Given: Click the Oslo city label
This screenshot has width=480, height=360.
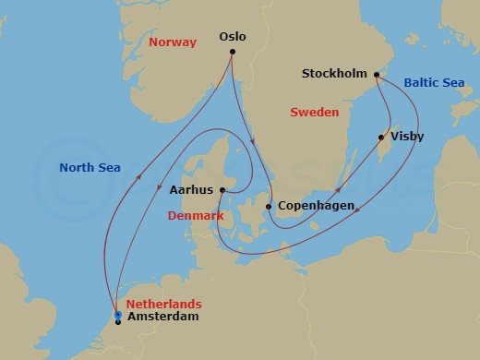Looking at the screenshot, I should pyautogui.click(x=233, y=37).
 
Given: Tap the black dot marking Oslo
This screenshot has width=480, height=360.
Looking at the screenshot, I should pyautogui.click(x=233, y=52).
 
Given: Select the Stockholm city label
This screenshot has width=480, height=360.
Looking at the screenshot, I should pyautogui.click(x=335, y=73).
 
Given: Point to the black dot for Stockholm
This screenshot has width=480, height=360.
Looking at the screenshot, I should pyautogui.click(x=377, y=75).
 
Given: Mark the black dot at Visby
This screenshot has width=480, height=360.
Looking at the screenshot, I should pyautogui.click(x=380, y=138).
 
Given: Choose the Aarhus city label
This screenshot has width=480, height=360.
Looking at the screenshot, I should pyautogui.click(x=192, y=190).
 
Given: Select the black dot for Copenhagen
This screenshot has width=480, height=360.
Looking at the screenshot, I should pyautogui.click(x=268, y=207).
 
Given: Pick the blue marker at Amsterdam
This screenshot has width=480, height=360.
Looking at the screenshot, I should pyautogui.click(x=118, y=316).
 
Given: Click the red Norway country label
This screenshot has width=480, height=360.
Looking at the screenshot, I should pyautogui.click(x=174, y=42).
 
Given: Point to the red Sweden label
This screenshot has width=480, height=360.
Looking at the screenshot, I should pyautogui.click(x=315, y=112).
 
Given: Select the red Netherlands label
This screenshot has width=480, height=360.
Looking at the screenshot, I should pyautogui.click(x=164, y=304).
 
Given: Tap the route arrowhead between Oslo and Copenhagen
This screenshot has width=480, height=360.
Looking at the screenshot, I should pyautogui.click(x=253, y=141).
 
